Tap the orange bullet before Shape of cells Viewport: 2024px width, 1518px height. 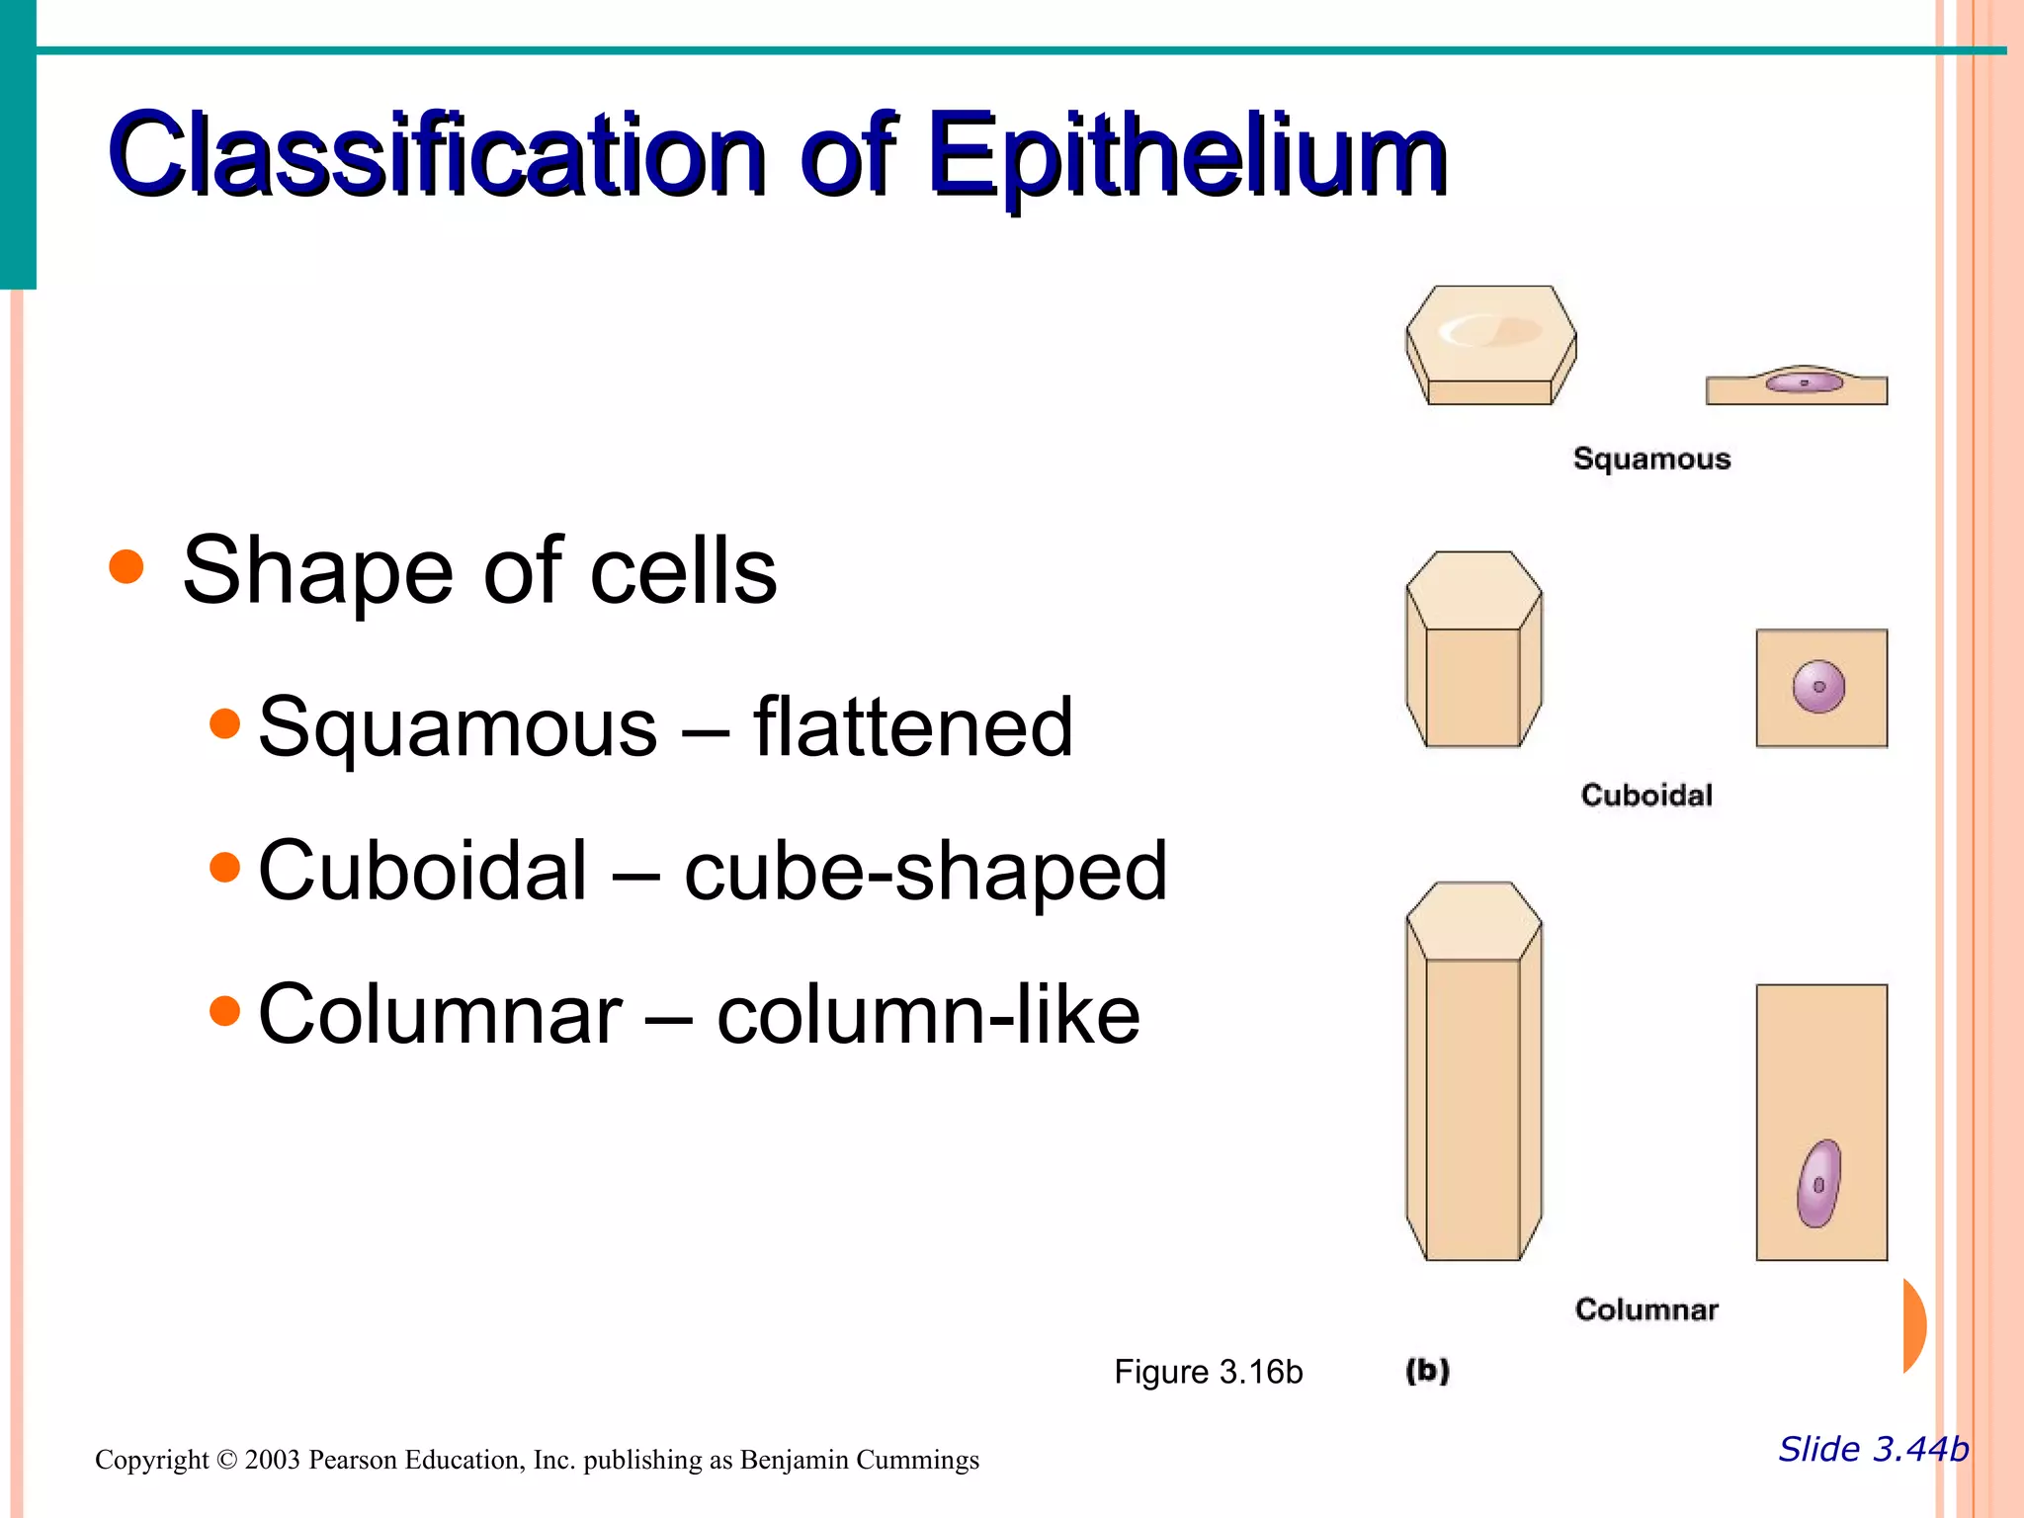126,567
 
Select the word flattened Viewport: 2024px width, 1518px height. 913,727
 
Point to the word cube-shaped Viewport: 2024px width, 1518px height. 926,872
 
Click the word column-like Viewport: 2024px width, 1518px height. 928,1015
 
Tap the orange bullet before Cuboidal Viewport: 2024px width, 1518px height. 225,868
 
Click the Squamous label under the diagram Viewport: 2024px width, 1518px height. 1651,459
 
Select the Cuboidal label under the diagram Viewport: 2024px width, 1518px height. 1646,795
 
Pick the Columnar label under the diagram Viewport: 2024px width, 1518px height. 1646,1309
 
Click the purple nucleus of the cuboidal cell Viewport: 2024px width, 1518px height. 1818,686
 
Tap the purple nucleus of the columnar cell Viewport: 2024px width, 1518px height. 1818,1184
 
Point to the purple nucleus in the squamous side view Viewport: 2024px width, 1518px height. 1805,381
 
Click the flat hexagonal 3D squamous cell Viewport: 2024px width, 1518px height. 1490,344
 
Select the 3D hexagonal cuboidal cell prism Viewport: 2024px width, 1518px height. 1474,649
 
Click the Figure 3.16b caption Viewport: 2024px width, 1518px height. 1208,1372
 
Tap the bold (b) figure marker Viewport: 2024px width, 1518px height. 1427,1371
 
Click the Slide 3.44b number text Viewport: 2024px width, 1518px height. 1873,1449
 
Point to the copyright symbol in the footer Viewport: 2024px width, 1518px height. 226,1460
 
